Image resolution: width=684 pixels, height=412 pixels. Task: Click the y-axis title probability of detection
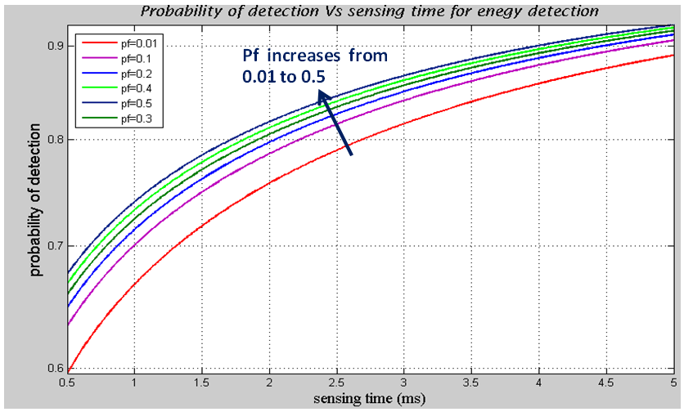coord(37,199)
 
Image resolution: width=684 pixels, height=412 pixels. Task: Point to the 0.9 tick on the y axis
coord(54,46)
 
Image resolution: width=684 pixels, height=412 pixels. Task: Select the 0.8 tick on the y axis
coord(54,140)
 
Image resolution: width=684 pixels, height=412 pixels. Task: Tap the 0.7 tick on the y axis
coord(54,246)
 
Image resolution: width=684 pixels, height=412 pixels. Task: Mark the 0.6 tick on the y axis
coord(54,369)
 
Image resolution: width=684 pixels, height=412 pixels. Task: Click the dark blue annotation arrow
coord(335,123)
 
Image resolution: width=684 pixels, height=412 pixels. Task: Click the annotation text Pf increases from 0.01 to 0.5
coord(314,65)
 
